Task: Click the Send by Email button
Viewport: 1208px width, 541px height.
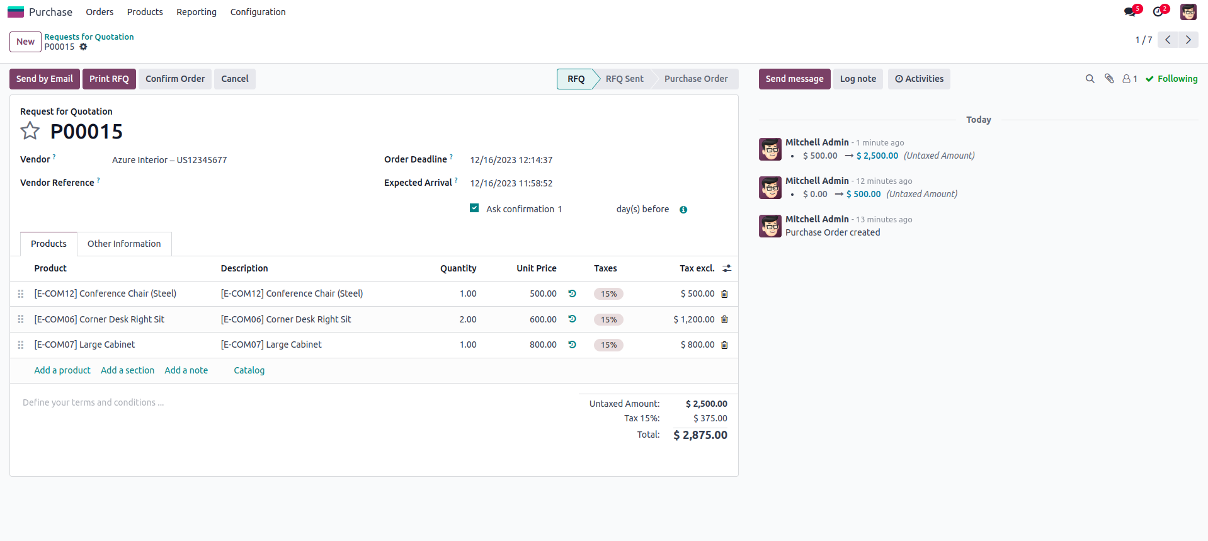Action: [x=44, y=79]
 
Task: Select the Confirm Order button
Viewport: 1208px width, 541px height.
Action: [x=175, y=79]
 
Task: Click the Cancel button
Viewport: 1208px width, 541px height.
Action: [x=234, y=79]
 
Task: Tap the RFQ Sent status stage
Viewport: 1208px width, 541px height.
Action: [x=624, y=79]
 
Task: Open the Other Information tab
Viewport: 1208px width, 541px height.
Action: [x=124, y=244]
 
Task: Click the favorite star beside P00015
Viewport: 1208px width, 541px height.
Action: [x=30, y=131]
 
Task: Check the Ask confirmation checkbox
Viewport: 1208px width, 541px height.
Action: [x=474, y=208]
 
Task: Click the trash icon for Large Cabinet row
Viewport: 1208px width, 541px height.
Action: [x=724, y=345]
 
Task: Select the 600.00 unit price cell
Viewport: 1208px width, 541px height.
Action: [x=542, y=319]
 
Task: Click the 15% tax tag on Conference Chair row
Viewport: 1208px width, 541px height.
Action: [x=608, y=294]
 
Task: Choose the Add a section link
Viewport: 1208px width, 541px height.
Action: [x=127, y=370]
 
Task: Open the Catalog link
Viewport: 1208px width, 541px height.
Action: [x=249, y=370]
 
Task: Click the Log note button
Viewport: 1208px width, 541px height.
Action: [x=858, y=79]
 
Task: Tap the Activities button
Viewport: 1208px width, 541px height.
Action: [x=919, y=79]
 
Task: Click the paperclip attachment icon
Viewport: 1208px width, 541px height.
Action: [x=1109, y=79]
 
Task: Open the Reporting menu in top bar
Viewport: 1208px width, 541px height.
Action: [x=196, y=12]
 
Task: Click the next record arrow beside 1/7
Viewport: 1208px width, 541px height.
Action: [x=1188, y=40]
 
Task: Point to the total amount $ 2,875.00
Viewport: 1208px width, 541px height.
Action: [x=700, y=435]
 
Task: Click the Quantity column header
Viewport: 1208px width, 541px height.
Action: [x=458, y=268]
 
